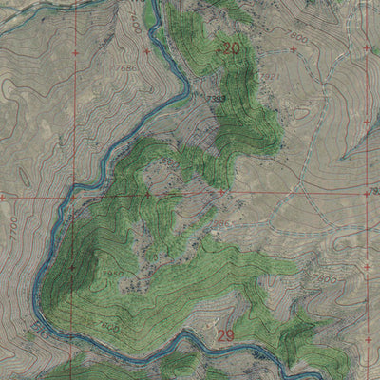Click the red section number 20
pyautogui.click(x=229, y=47)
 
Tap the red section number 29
pyautogui.click(x=225, y=335)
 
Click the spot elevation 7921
pyautogui.click(x=269, y=77)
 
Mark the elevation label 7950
pyautogui.click(x=113, y=273)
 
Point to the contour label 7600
pyautogui.click(x=112, y=327)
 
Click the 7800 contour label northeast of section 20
pyautogui.click(x=300, y=35)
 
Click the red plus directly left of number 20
pyautogui.click(x=218, y=47)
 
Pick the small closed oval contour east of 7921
pyautogui.click(x=302, y=113)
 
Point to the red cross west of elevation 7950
pyautogui.click(x=72, y=268)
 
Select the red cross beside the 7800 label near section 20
pyautogui.click(x=293, y=47)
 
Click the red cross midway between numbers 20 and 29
pyautogui.click(x=220, y=192)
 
